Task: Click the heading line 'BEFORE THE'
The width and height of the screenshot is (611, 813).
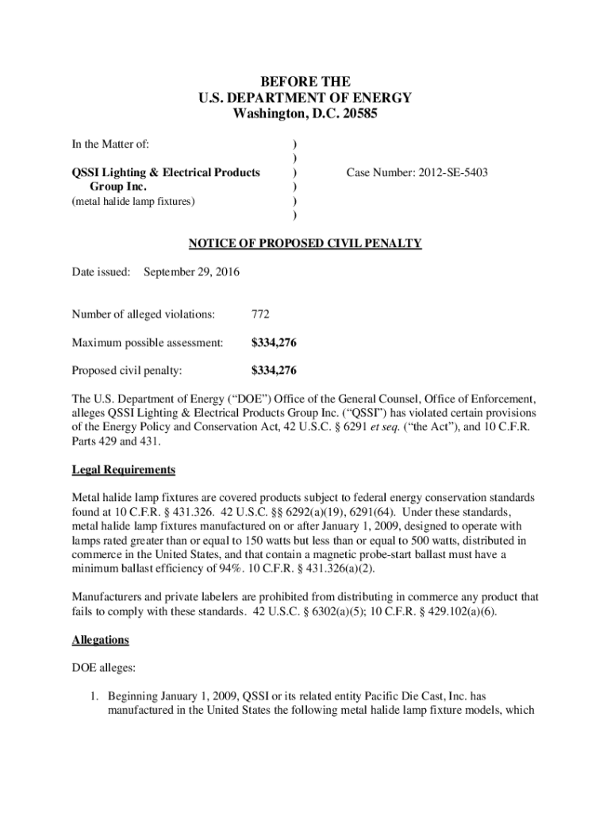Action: tap(305, 82)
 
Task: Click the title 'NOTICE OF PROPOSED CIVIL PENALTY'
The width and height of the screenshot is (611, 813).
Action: tap(305, 243)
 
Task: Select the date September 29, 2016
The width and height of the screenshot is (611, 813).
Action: tap(191, 272)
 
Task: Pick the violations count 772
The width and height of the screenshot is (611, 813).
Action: tap(260, 314)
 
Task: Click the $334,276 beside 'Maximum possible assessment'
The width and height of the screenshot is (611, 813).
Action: tap(275, 342)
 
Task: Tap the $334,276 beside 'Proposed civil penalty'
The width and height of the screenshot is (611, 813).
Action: tap(275, 370)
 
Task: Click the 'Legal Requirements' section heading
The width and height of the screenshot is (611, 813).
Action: tap(123, 470)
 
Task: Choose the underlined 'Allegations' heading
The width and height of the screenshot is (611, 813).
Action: tap(101, 639)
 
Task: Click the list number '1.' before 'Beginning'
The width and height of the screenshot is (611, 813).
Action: tap(93, 695)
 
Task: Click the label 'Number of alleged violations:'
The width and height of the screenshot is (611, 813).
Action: tap(144, 314)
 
